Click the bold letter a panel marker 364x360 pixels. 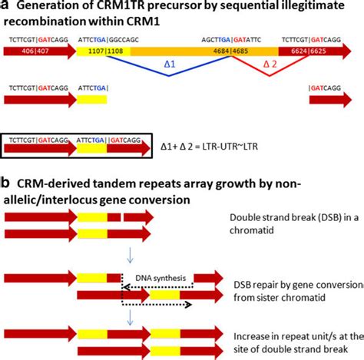click(5, 7)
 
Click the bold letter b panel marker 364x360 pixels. click(6, 185)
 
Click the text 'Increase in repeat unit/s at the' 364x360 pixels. click(295, 332)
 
